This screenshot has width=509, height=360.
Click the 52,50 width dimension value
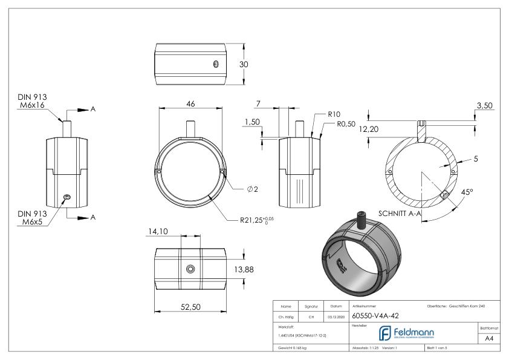(191, 307)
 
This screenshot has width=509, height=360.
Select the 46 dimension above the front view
(190, 104)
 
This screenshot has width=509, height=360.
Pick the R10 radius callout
(334, 114)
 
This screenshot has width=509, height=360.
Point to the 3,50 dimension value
(484, 105)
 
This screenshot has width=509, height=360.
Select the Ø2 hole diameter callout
(253, 189)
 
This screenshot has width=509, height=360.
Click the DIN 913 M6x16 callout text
(33, 101)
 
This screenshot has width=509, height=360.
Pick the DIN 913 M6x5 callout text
(33, 217)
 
